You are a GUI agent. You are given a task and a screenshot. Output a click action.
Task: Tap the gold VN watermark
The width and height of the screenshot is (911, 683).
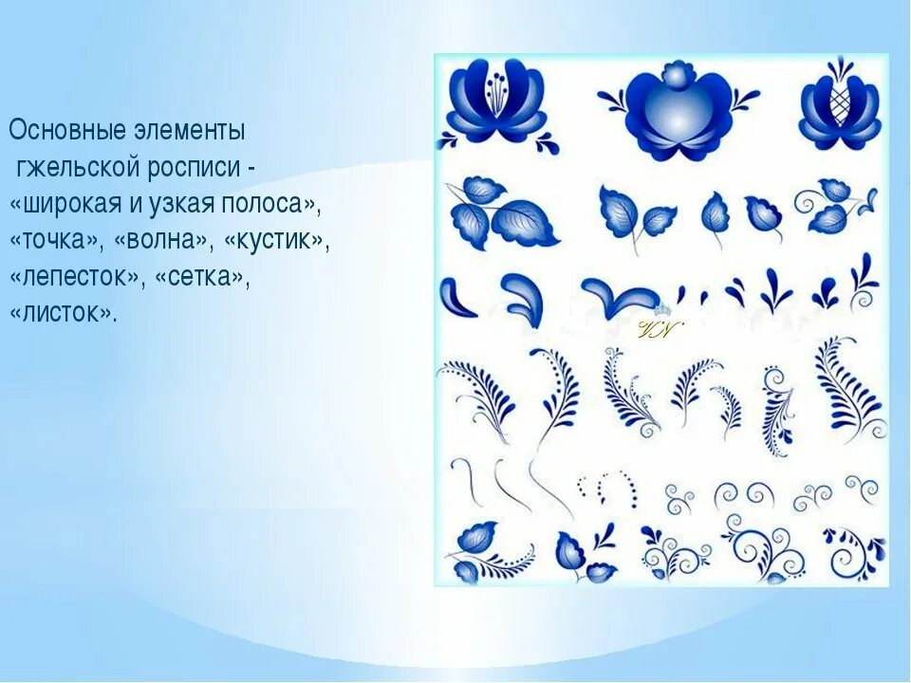[x=656, y=330]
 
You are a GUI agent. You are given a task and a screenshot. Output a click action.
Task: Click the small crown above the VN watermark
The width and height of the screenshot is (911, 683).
[x=661, y=309]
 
